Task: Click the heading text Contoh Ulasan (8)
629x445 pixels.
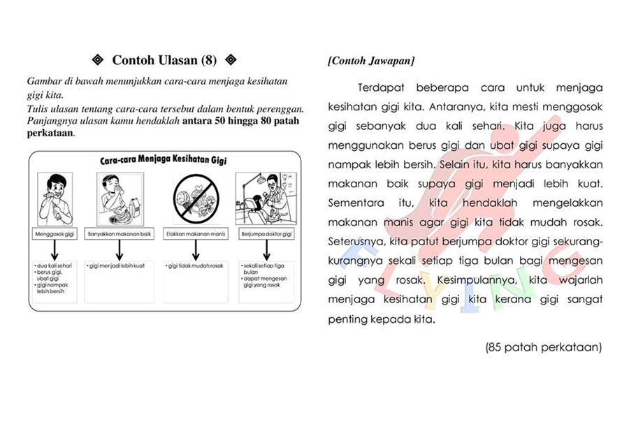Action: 165,60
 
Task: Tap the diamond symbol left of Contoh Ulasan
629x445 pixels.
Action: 98,60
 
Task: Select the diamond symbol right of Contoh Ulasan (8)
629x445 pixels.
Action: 231,60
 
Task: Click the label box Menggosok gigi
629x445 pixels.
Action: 55,233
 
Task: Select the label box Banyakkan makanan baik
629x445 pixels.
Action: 120,233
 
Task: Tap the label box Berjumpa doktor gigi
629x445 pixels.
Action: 266,233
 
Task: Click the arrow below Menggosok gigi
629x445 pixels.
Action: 55,249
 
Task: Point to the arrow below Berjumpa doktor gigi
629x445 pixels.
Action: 266,249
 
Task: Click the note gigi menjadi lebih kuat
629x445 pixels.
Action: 117,266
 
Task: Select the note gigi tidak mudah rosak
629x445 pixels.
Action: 194,266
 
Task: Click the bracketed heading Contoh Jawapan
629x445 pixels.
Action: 371,61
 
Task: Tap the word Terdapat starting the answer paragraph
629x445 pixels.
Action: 381,88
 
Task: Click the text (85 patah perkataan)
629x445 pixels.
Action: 543,346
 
